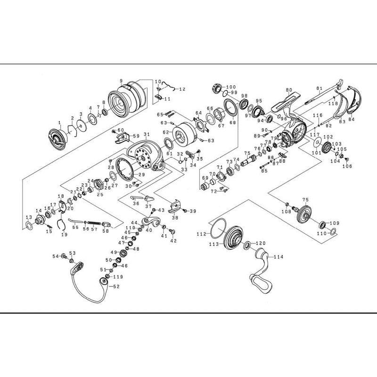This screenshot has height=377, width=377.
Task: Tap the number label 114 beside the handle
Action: tap(279, 257)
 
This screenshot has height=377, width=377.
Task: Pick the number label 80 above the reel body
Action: tap(289, 90)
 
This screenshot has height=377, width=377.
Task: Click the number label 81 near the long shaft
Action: tap(319, 89)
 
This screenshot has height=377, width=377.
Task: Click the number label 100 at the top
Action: tap(231, 87)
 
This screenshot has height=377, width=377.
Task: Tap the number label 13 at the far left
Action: tap(28, 217)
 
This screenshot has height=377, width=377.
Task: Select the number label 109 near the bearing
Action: tap(334, 223)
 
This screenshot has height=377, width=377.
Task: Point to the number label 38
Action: tap(175, 218)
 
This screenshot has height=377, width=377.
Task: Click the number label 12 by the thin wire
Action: tap(182, 89)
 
